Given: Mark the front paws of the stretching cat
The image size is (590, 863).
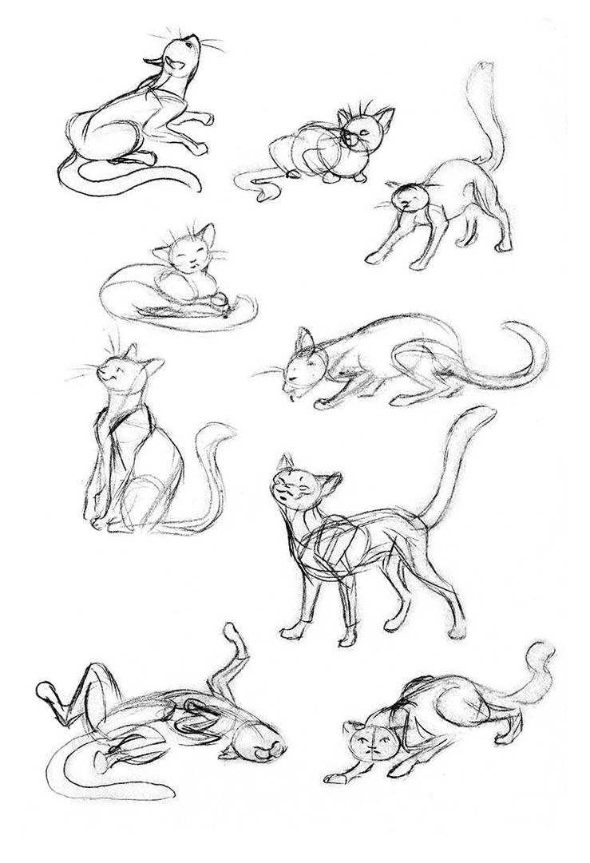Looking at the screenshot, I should [x=375, y=257].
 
